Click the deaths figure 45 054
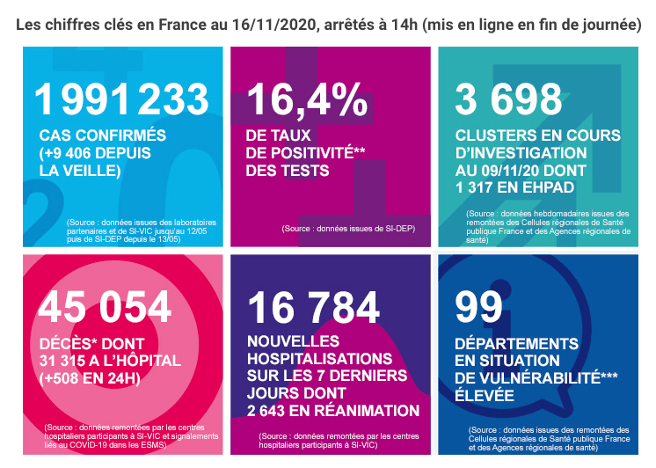click(x=105, y=306)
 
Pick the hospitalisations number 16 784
click(x=315, y=306)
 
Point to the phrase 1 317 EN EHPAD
click(x=514, y=187)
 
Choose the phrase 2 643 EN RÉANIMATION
click(x=333, y=410)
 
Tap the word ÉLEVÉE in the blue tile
click(x=485, y=396)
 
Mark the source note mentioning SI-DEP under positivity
click(x=348, y=229)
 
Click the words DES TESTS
click(x=287, y=171)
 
